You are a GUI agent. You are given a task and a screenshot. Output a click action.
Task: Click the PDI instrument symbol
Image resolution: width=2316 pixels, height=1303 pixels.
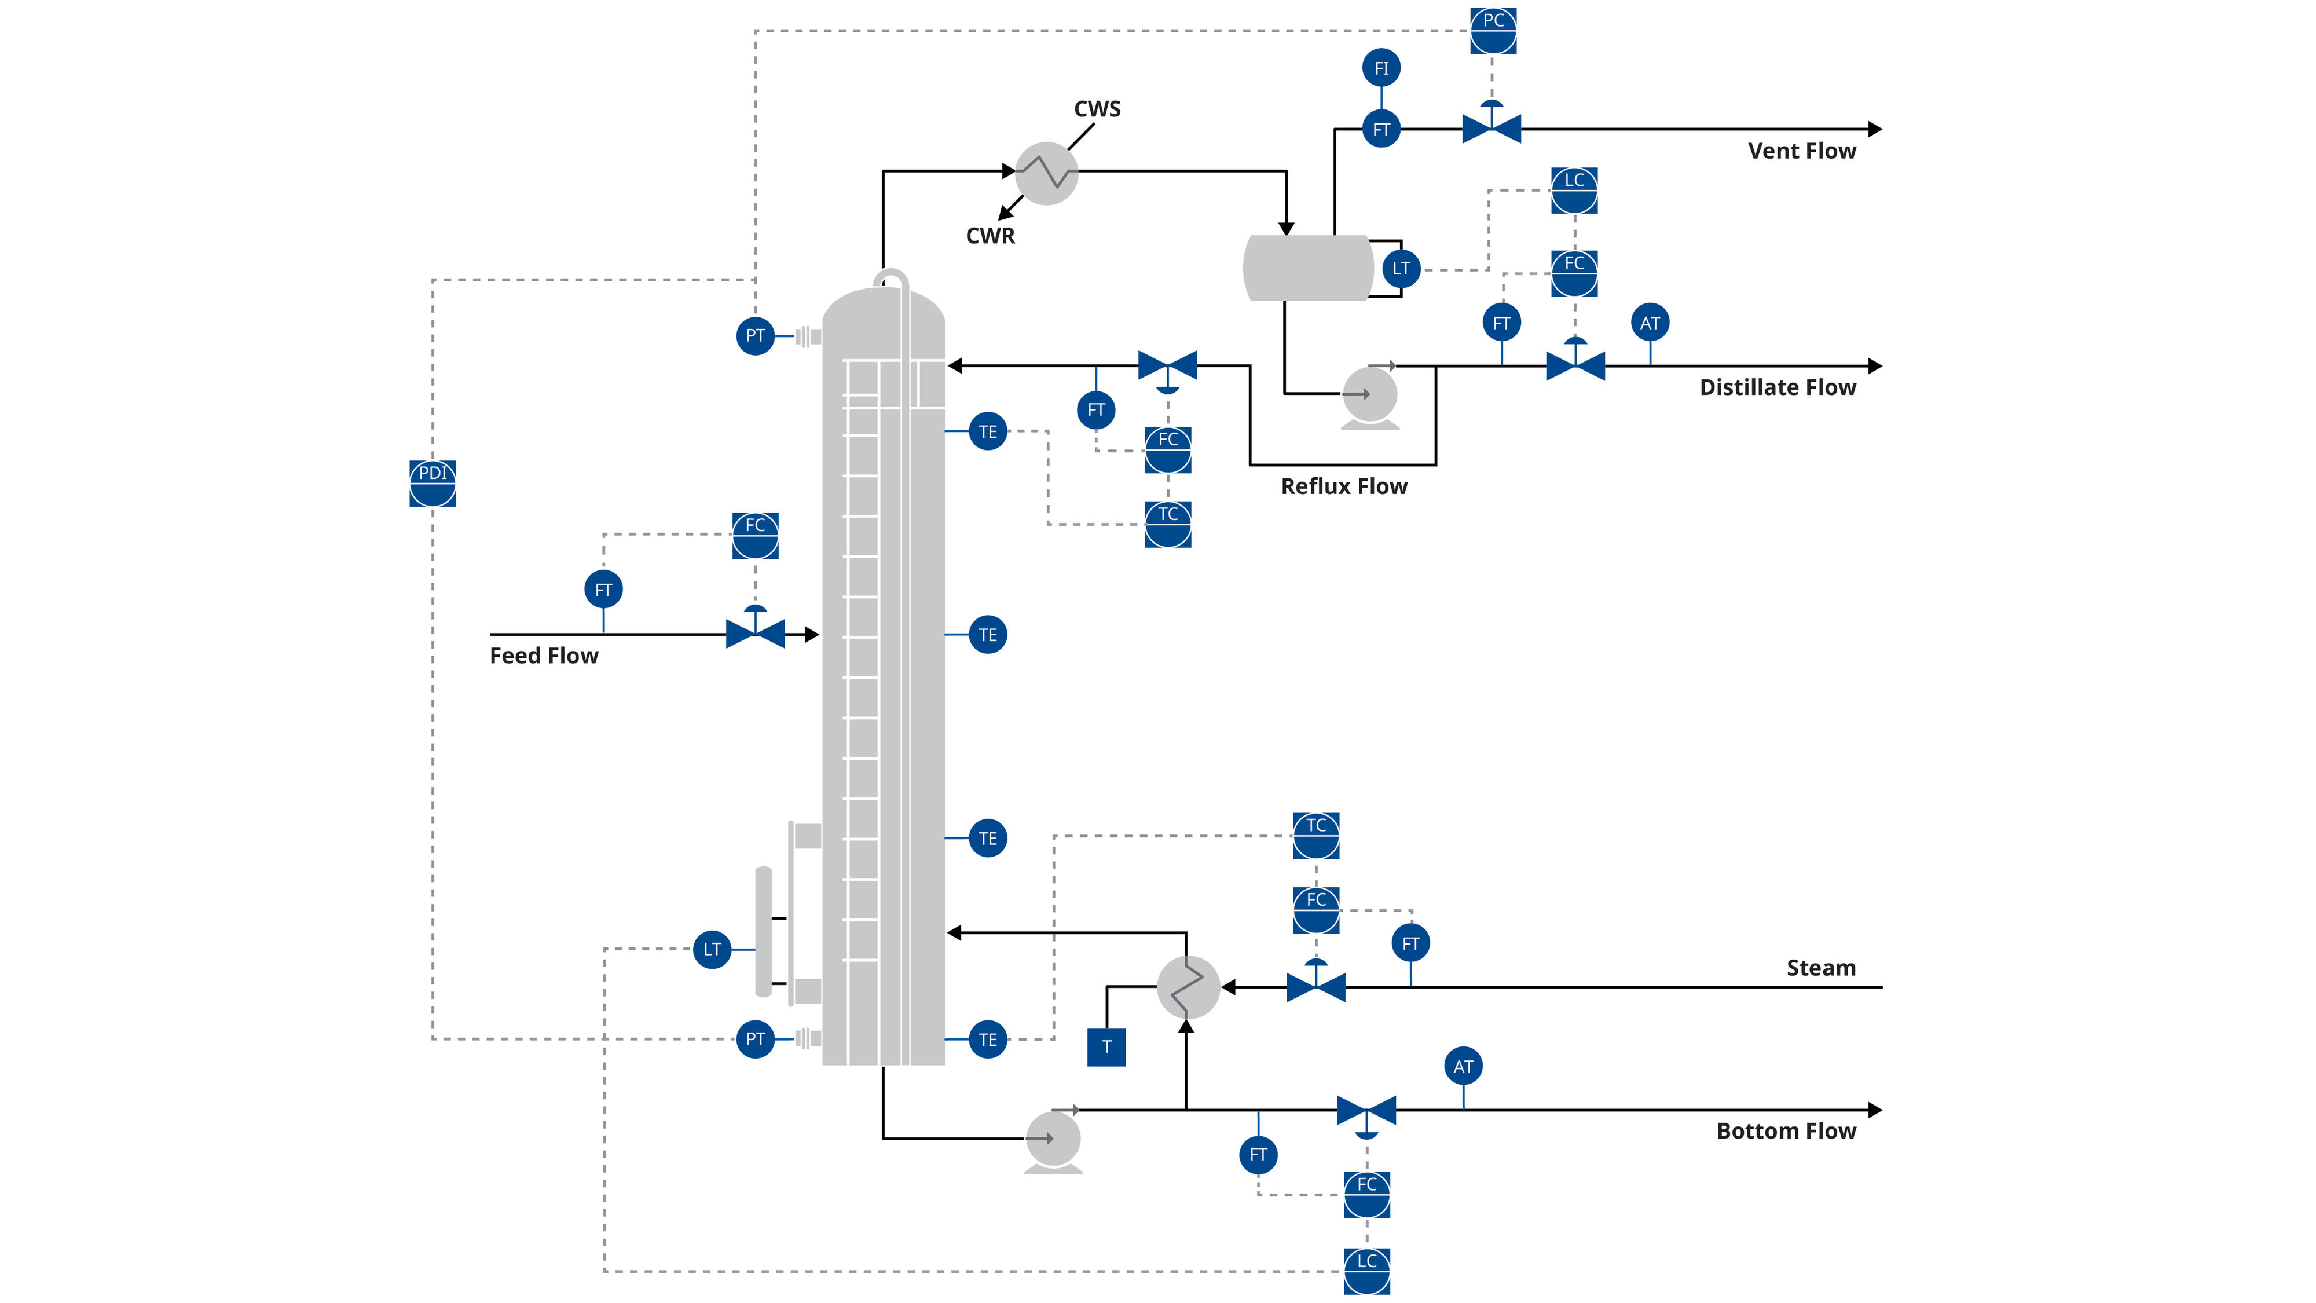tap(433, 484)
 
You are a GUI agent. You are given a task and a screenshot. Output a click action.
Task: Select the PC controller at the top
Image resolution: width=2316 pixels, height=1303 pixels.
tap(1493, 31)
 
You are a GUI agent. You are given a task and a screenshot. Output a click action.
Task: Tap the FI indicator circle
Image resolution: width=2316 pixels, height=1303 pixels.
tap(1381, 68)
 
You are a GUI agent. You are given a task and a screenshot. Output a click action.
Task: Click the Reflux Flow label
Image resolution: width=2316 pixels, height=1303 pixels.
tap(1343, 486)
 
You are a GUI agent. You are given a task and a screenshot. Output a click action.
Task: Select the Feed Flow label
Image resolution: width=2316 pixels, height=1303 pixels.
tap(544, 656)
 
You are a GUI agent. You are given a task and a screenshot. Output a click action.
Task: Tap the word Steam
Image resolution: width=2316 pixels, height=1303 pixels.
tap(1820, 968)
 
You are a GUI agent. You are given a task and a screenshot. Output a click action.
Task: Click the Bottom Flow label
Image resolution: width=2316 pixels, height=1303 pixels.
tap(1786, 1130)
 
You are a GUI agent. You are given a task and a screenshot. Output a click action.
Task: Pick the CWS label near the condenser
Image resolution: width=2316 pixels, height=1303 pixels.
tap(1097, 109)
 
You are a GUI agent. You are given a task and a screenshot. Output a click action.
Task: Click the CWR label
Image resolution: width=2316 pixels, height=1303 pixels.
tap(990, 236)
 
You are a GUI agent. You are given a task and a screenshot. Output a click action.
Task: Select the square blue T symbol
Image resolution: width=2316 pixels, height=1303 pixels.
tap(1106, 1046)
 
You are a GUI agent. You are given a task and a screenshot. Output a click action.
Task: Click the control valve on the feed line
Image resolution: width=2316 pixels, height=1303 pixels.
tap(755, 633)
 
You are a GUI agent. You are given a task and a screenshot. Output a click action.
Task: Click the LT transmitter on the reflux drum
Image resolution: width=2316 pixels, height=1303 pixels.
tap(1401, 269)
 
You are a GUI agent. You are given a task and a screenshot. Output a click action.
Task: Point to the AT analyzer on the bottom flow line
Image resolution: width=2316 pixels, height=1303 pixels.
tap(1463, 1067)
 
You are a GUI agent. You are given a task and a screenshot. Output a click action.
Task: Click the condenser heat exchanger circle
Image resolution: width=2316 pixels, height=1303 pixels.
tap(1046, 173)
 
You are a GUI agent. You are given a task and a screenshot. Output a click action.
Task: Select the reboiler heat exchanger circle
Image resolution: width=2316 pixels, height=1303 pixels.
tap(1188, 987)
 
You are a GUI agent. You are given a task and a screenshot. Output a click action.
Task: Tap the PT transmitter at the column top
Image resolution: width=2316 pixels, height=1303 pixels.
tap(755, 335)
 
